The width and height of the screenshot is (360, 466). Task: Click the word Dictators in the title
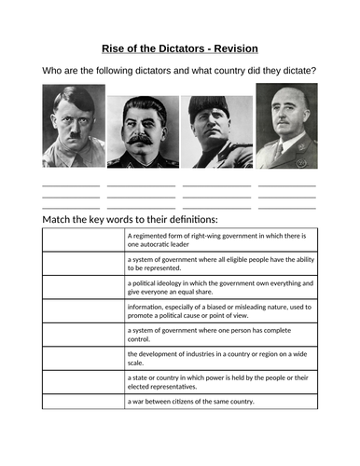point(190,48)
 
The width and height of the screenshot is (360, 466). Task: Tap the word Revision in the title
point(234,48)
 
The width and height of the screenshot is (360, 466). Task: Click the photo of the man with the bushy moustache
point(143,131)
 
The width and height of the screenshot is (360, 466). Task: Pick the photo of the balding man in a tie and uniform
point(285,126)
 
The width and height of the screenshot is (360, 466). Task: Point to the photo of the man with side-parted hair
point(74,126)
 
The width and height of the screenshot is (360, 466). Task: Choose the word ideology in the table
point(178,282)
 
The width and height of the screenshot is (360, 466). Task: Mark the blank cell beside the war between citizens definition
point(83,402)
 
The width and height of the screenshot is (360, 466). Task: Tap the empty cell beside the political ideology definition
point(83,287)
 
